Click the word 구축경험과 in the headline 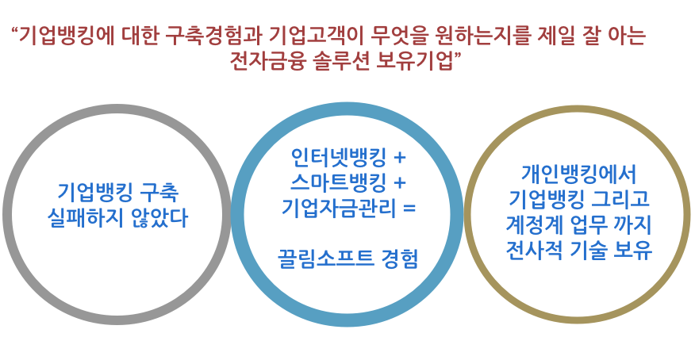(214, 36)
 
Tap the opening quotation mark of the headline (13, 30)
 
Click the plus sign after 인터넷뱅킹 (400, 158)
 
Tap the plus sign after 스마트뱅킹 (400, 183)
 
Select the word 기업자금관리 (339, 207)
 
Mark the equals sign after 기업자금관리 (409, 208)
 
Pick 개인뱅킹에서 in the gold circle (579, 174)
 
